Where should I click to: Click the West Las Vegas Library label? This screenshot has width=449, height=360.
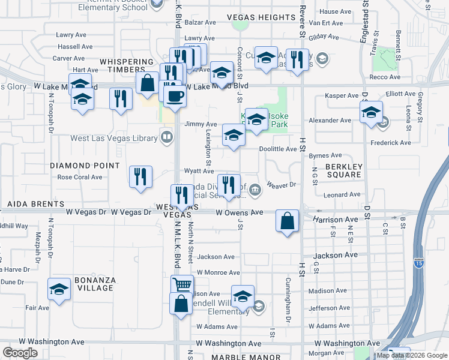113,138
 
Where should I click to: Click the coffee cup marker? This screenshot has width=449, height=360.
175,96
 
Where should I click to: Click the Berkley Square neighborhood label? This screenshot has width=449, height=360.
343,170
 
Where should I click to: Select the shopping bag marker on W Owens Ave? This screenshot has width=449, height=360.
288,221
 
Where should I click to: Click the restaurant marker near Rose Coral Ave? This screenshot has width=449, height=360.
140,177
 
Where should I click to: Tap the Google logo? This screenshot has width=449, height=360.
20,353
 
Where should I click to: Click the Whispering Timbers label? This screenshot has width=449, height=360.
127,66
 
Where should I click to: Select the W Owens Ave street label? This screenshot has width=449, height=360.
240,212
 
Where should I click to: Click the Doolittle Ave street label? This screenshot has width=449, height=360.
278,149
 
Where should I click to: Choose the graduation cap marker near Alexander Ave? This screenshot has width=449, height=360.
372,112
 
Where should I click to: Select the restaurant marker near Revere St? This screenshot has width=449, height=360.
297,60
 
